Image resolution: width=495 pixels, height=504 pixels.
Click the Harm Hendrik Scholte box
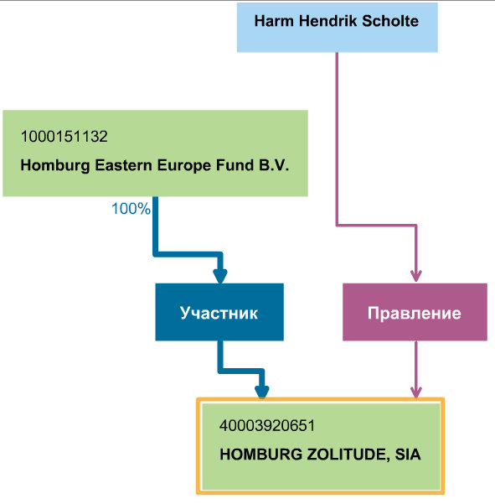[337, 28]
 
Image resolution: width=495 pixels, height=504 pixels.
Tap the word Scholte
[390, 21]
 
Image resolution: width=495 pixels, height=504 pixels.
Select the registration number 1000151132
[64, 137]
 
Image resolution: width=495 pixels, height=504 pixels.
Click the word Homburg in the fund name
[55, 165]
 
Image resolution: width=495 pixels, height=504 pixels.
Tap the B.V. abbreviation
[274, 165]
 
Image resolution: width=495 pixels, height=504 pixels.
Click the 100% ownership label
[131, 209]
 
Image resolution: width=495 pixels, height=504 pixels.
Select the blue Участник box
[219, 312]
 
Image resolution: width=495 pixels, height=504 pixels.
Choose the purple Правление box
[415, 312]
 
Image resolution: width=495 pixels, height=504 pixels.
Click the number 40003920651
[267, 426]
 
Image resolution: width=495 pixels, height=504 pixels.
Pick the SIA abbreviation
[408, 455]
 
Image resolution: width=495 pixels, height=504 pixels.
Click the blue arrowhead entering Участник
[220, 276]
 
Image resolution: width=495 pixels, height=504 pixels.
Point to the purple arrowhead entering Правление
[416, 276]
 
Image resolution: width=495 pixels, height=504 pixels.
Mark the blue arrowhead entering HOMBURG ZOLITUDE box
[262, 392]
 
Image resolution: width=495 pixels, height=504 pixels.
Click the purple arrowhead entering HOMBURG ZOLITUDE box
[416, 392]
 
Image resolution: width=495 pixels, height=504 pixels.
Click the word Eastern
[124, 165]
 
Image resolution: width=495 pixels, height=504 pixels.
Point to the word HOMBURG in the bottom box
[261, 455]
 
